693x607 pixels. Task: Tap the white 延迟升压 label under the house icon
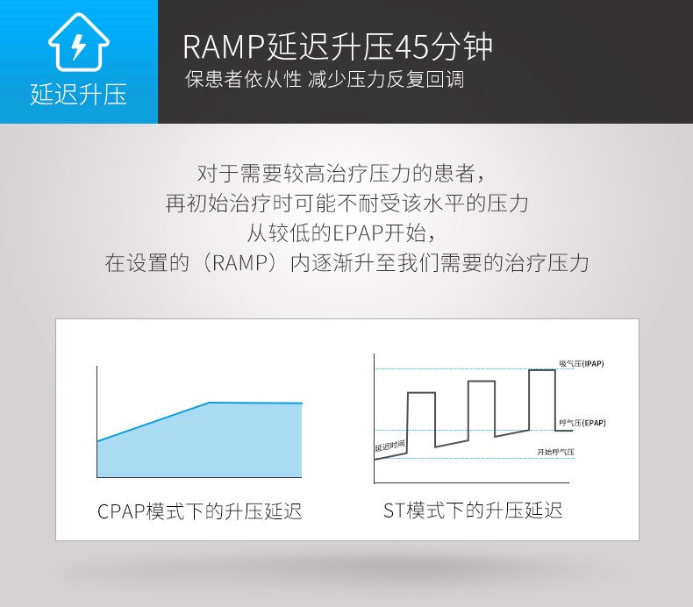[x=79, y=94]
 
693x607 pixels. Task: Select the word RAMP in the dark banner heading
[x=224, y=46]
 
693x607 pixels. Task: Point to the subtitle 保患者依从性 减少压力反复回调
[x=325, y=80]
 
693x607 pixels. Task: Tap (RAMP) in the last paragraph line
[x=240, y=263]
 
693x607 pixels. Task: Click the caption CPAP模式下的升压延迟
[x=199, y=511]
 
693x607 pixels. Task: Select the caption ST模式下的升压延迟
[x=473, y=511]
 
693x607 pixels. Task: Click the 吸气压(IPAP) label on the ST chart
[x=582, y=364]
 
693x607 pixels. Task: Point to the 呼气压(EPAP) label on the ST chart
[x=582, y=423]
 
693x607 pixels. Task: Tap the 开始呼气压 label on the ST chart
[x=555, y=452]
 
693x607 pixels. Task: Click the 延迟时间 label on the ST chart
[x=389, y=446]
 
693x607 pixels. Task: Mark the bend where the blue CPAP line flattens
[x=209, y=403]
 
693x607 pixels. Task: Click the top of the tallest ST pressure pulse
[x=542, y=370]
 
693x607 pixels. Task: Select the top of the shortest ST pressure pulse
[x=421, y=393]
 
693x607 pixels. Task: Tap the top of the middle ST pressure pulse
[x=482, y=381]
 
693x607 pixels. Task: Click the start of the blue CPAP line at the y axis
[x=97, y=441]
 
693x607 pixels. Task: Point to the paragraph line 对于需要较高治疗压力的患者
[x=341, y=174]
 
